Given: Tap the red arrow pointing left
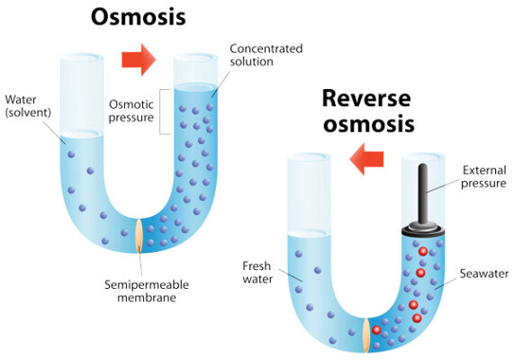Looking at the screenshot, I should click(365, 162).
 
